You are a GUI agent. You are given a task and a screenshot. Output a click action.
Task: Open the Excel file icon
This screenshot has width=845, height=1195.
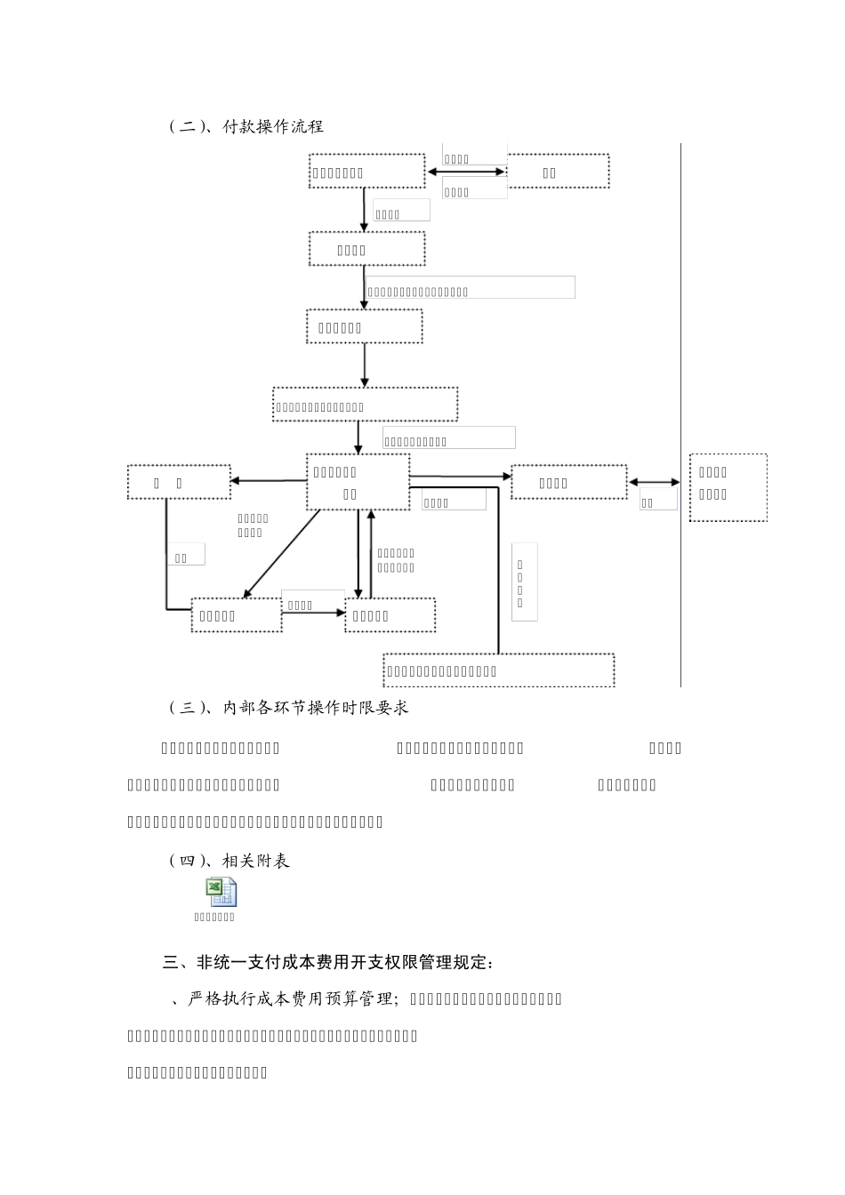pyautogui.click(x=221, y=892)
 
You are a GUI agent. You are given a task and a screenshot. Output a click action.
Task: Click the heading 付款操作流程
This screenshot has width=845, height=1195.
pyautogui.click(x=273, y=127)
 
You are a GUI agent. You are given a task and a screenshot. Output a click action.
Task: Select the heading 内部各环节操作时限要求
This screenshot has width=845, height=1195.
pyautogui.click(x=315, y=708)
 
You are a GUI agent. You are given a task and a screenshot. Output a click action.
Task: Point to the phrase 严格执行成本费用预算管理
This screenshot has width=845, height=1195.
pyautogui.click(x=291, y=999)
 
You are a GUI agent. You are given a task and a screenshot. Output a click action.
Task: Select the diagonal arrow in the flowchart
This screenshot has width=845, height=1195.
pyautogui.click(x=281, y=552)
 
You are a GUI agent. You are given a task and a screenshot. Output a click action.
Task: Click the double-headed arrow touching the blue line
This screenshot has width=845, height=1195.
pyautogui.click(x=655, y=483)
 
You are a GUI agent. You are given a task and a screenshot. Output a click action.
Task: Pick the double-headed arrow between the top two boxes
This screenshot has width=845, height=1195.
pyautogui.click(x=466, y=172)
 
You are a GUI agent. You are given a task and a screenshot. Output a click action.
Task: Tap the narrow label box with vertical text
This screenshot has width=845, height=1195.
pyautogui.click(x=523, y=581)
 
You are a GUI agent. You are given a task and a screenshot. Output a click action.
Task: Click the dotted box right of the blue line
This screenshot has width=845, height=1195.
pyautogui.click(x=728, y=487)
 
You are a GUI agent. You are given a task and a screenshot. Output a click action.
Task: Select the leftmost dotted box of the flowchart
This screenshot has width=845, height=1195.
pyautogui.click(x=179, y=482)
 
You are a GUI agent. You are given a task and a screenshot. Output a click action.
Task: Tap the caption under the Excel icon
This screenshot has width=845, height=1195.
pyautogui.click(x=214, y=917)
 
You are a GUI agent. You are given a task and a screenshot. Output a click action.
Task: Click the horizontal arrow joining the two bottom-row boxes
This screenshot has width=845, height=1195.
pyautogui.click(x=313, y=612)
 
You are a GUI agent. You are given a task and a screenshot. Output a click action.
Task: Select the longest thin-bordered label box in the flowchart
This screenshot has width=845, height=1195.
pyautogui.click(x=470, y=287)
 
